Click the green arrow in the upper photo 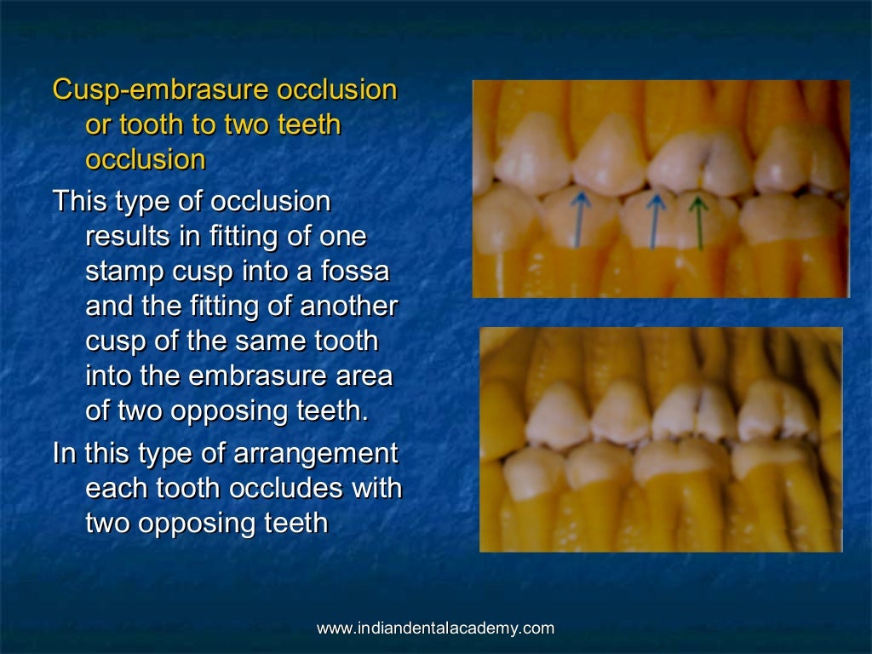(699, 222)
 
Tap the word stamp (121, 272)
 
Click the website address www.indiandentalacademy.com (435, 629)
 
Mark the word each (114, 488)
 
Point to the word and (109, 307)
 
